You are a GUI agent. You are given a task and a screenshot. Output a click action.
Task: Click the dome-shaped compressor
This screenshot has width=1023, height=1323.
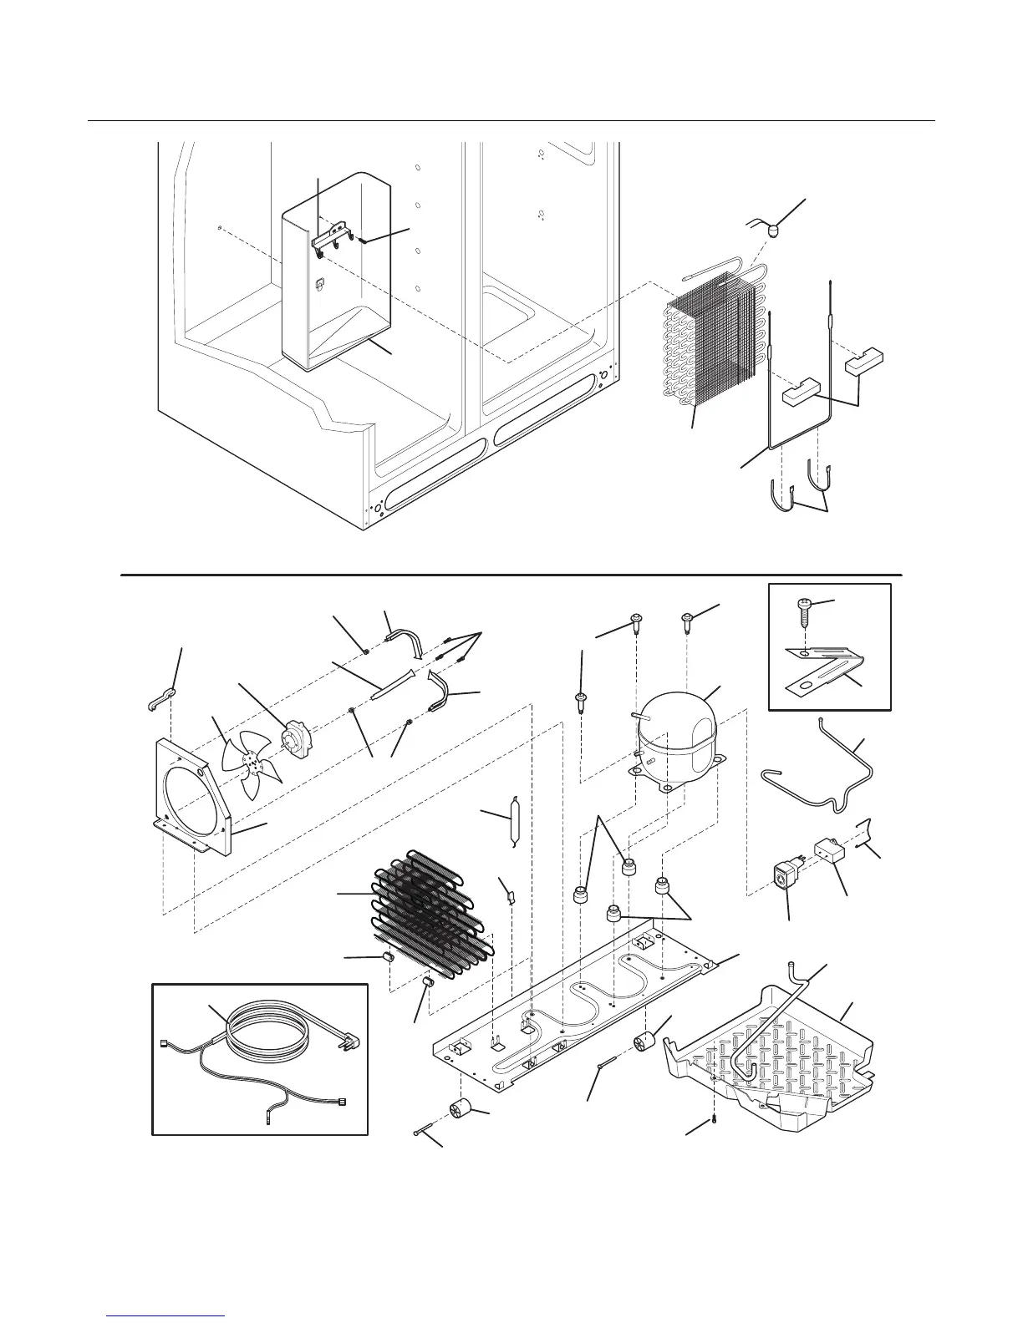coord(677,733)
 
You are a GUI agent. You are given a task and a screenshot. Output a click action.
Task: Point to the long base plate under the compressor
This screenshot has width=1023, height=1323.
coord(577,1002)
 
